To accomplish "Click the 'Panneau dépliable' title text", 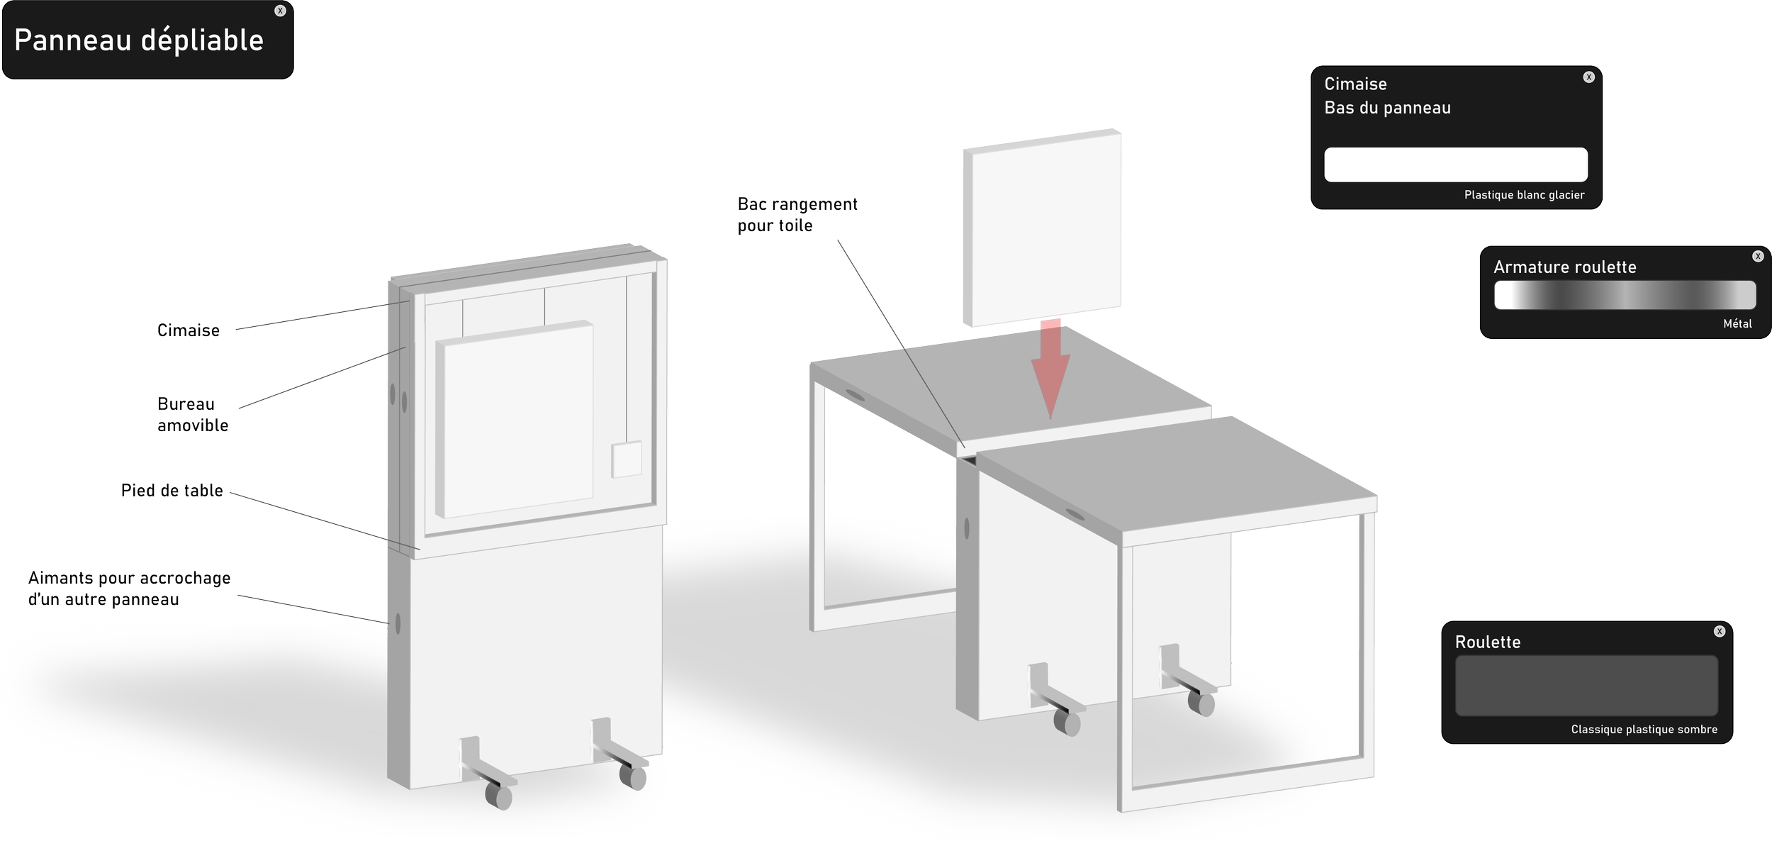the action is pos(139,40).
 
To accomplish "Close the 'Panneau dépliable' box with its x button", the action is pos(280,11).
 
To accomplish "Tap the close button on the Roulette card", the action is pos(1719,631).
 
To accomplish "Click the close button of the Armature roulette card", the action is pos(1758,256).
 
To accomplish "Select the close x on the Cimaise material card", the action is pos(1588,77).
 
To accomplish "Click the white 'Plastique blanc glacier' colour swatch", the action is pos(1455,165).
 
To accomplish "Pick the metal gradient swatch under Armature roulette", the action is pos(1625,295).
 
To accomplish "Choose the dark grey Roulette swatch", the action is pos(1586,685).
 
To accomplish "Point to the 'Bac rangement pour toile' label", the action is pos(797,215).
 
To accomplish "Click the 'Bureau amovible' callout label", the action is pos(192,415).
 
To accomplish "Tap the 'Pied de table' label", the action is pos(172,491).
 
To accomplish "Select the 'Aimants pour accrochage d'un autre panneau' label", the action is pos(129,589).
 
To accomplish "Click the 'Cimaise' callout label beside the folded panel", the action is pos(189,330).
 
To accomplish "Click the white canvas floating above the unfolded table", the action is pos(1042,228).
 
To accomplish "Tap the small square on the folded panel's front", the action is pos(627,460).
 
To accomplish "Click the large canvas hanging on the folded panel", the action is pos(515,420).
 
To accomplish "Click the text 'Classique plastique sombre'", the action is pos(1644,729).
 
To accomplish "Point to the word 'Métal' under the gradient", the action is pos(1737,323).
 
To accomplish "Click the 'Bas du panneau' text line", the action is pos(1387,108).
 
